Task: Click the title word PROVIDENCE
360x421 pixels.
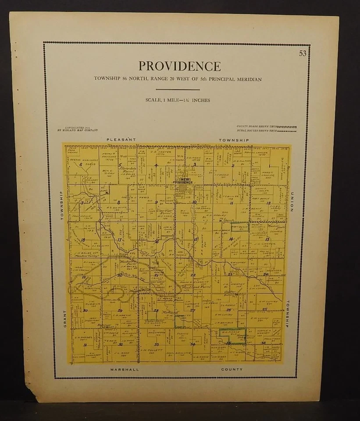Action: click(180, 66)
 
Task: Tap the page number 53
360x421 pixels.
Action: click(303, 54)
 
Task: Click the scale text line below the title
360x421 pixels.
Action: click(178, 100)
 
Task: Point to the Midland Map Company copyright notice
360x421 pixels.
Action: click(77, 129)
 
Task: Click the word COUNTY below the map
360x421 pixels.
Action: click(232, 369)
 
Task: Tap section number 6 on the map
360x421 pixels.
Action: click(81, 165)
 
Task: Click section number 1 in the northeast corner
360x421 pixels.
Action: click(270, 165)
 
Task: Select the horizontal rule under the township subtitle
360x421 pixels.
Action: click(178, 90)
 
